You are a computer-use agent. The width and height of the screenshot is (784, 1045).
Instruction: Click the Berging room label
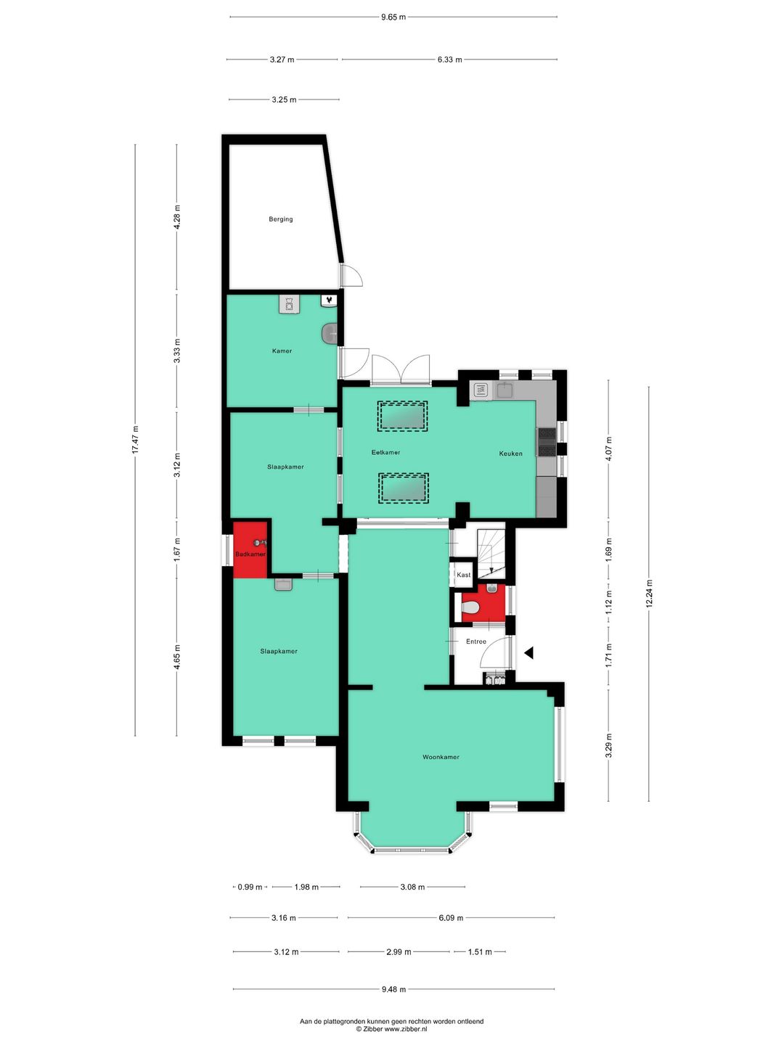click(281, 219)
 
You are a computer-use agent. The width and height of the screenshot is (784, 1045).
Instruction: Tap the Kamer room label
click(282, 351)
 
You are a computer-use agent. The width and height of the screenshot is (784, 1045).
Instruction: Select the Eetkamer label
click(385, 453)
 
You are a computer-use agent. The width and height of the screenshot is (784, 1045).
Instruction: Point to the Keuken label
click(510, 454)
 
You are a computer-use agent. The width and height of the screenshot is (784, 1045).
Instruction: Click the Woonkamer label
click(441, 757)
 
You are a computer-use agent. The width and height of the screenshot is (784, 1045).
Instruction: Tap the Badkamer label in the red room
click(250, 554)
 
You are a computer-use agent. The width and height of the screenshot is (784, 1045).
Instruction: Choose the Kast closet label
click(463, 575)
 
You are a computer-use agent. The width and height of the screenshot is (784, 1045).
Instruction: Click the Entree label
click(476, 642)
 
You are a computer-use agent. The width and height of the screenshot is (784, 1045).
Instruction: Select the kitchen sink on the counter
click(505, 390)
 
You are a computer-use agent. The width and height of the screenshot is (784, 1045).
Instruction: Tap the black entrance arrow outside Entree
click(529, 653)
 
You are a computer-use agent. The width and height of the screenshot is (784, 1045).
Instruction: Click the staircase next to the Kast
click(491, 552)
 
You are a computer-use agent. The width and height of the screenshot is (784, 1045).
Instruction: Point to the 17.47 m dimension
click(135, 440)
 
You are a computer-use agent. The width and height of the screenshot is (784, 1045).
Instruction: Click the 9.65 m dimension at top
click(393, 17)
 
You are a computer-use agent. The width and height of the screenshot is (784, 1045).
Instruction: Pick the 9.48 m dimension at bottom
click(393, 989)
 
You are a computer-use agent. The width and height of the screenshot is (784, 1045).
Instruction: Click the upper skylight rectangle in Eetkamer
click(402, 417)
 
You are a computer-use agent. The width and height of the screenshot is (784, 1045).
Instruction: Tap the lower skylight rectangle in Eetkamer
click(404, 488)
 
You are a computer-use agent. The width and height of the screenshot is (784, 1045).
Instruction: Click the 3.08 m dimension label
click(412, 887)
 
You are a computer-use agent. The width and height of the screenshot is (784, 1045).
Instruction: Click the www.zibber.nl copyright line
click(391, 1029)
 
